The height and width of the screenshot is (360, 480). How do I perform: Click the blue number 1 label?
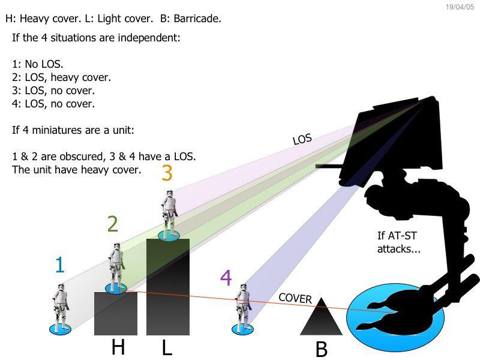click(59, 265)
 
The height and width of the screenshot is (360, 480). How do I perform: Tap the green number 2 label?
click(112, 224)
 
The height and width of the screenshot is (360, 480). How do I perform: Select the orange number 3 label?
click(167, 173)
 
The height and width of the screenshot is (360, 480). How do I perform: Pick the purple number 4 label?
click(226, 278)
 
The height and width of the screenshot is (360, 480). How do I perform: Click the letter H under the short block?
click(118, 347)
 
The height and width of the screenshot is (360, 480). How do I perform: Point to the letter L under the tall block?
click(167, 347)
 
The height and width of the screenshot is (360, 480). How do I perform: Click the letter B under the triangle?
click(321, 349)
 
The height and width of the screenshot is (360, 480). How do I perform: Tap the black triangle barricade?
click(321, 317)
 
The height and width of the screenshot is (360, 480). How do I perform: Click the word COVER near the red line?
click(295, 298)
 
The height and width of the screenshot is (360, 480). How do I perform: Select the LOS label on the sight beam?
click(302, 139)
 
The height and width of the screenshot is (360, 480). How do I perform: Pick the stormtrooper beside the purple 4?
click(242, 307)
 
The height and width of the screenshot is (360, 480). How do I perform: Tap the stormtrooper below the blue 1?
click(61, 307)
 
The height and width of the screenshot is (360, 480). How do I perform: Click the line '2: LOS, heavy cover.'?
click(61, 77)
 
